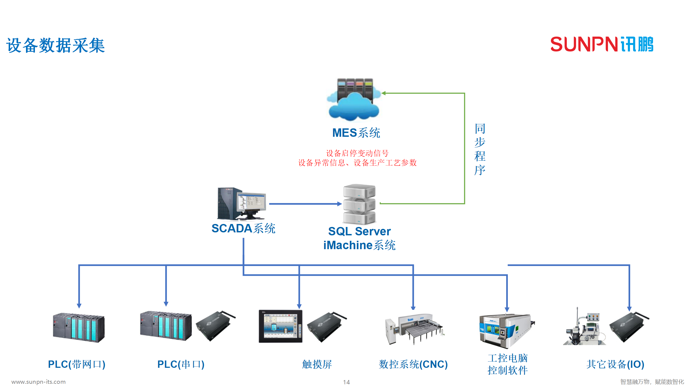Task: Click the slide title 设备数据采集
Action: tap(55, 45)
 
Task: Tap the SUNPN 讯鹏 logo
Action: tap(602, 44)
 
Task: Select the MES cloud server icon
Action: tap(354, 100)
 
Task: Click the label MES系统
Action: tap(356, 133)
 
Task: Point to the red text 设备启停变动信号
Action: tap(357, 153)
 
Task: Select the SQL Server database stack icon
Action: tap(359, 204)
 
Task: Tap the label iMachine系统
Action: tap(359, 245)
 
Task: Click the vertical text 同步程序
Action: tap(480, 149)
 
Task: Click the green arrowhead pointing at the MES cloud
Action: tap(383, 93)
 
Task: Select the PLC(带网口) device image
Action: tap(79, 328)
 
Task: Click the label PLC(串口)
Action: tap(181, 364)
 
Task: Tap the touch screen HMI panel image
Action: tap(280, 326)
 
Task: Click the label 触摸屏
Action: tap(317, 364)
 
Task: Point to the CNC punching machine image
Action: tap(414, 329)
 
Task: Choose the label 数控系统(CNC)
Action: tap(413, 364)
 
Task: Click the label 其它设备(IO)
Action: tap(615, 364)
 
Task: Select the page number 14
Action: tap(346, 382)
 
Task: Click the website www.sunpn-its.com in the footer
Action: tap(38, 382)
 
